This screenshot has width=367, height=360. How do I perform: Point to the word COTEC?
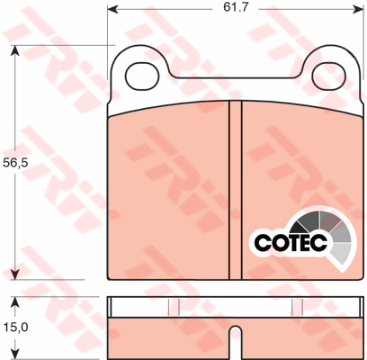pos(287,242)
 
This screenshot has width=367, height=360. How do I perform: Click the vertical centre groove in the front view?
pos(236,180)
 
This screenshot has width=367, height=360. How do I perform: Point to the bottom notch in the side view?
pos(235,346)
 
